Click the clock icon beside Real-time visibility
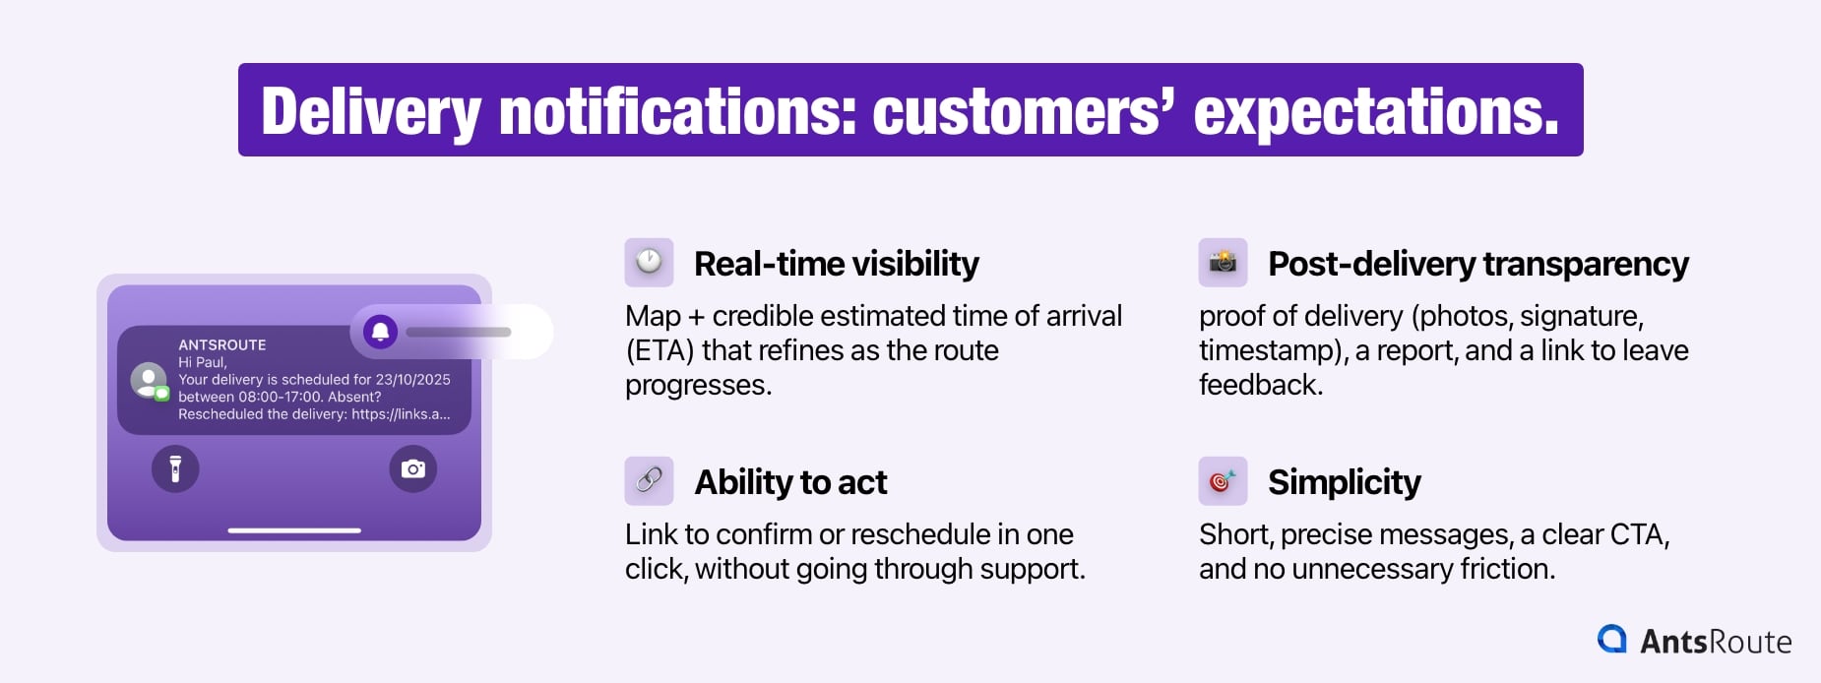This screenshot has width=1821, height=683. pyautogui.click(x=649, y=262)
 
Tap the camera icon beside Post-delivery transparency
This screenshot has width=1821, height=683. pyautogui.click(x=1223, y=262)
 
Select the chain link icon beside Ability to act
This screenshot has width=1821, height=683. pyautogui.click(x=649, y=480)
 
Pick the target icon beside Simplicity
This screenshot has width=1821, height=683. pyautogui.click(x=1223, y=480)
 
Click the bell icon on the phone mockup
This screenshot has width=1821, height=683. pyautogui.click(x=381, y=332)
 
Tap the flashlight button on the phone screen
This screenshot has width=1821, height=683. pyautogui.click(x=175, y=468)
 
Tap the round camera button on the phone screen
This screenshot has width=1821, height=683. pyautogui.click(x=413, y=468)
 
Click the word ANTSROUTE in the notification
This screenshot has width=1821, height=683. pyautogui.click(x=222, y=344)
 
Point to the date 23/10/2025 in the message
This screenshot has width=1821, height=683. pyautogui.click(x=412, y=379)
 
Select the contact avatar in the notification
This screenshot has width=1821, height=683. pyautogui.click(x=149, y=381)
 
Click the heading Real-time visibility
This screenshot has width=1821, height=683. pyautogui.click(x=836, y=264)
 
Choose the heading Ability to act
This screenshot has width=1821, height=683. pyautogui.click(x=790, y=482)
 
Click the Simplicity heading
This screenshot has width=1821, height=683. pyautogui.click(x=1344, y=482)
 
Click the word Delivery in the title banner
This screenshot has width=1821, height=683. pyautogui.click(x=370, y=111)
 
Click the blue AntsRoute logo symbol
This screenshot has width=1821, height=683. pyautogui.click(x=1612, y=640)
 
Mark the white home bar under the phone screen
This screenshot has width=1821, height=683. pyautogui.click(x=294, y=530)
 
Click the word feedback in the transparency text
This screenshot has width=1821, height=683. pyautogui.click(x=1259, y=385)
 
